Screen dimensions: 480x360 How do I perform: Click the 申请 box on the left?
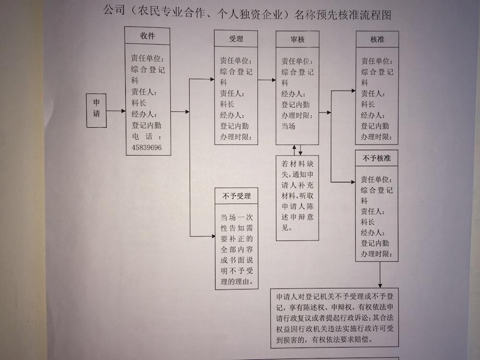pyautogui.click(x=96, y=110)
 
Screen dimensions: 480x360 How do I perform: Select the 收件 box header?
pyautogui.click(x=147, y=36)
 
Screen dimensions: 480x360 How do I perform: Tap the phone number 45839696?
pyautogui.click(x=146, y=147)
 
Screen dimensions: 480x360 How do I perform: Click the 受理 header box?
pyautogui.click(x=236, y=38)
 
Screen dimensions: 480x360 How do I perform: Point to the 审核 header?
pyautogui.click(x=298, y=39)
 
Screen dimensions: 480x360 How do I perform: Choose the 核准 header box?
pyautogui.click(x=377, y=39)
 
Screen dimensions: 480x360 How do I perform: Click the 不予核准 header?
pyautogui.click(x=376, y=158)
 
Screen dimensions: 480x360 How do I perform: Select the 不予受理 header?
pyautogui.click(x=236, y=196)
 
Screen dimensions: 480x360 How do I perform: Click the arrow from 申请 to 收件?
pyautogui.click(x=116, y=111)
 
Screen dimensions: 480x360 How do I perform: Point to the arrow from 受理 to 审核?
pyautogui.click(x=267, y=80)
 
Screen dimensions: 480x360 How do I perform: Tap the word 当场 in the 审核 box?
pyautogui.click(x=288, y=126)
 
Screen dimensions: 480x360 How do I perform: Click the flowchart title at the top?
pyautogui.click(x=247, y=13)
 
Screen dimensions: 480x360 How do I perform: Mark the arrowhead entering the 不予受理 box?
pyautogui.click(x=213, y=236)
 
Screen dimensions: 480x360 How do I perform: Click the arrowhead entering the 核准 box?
pyautogui.click(x=354, y=91)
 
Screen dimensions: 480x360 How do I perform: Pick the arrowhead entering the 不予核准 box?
pyautogui.click(x=353, y=182)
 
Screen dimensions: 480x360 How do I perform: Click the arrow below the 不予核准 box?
pyautogui.click(x=380, y=275)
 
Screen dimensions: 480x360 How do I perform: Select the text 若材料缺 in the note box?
pyautogui.click(x=298, y=164)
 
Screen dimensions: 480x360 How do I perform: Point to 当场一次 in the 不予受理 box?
pyautogui.click(x=237, y=217)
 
